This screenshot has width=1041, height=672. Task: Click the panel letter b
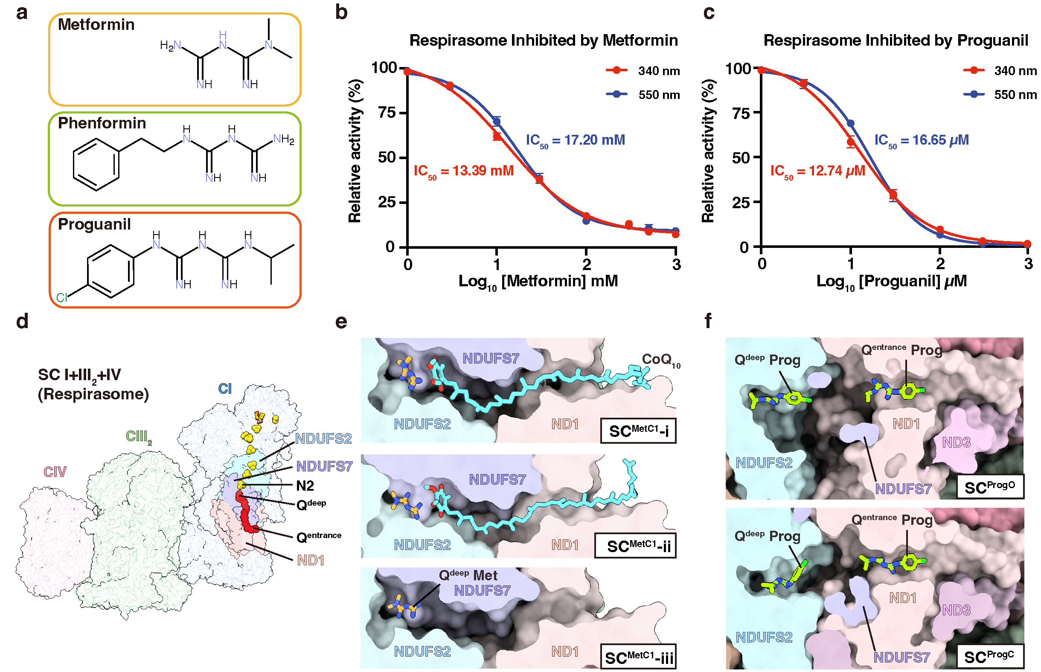[x=341, y=12]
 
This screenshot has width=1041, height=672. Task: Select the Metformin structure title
[x=96, y=24]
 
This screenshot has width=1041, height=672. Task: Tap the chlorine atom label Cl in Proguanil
[x=61, y=298]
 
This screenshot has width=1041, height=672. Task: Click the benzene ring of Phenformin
[x=96, y=165]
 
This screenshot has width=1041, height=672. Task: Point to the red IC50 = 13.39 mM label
[x=463, y=171]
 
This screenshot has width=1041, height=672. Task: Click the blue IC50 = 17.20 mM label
[x=575, y=140]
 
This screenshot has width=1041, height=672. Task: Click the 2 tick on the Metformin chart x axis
[x=586, y=265]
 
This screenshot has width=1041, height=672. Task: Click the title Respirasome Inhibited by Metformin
[x=543, y=41]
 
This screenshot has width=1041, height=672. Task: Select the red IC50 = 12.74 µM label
[x=817, y=171]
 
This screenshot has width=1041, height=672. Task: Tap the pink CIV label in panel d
[x=55, y=472]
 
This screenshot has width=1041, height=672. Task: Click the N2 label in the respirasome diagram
[x=305, y=486]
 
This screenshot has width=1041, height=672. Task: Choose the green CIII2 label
[x=139, y=436]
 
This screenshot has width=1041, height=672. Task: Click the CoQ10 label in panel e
[x=660, y=360]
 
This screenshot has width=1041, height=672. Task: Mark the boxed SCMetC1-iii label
[x=638, y=657]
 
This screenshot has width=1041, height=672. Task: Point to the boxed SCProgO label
[x=989, y=487]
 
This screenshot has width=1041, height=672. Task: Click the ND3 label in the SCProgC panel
[x=956, y=610]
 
